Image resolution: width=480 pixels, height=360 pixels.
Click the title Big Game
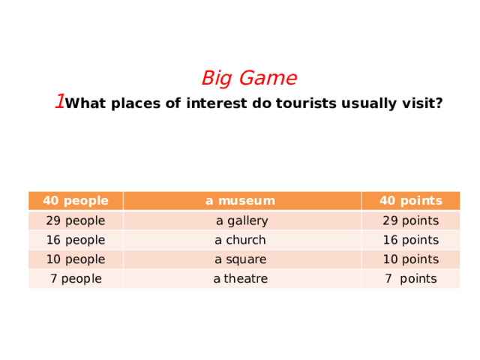(x=249, y=78)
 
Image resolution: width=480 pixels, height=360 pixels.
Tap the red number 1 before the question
(x=58, y=102)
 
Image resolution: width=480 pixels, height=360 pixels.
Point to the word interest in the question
(x=218, y=103)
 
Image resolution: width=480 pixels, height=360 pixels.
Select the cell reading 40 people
(x=75, y=200)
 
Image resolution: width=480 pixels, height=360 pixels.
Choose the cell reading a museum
(x=240, y=200)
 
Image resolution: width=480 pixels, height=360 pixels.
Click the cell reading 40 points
(x=409, y=200)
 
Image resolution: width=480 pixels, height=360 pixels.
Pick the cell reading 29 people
(x=75, y=220)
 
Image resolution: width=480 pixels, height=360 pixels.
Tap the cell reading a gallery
(x=241, y=220)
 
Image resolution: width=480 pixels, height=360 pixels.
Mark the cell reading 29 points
(x=410, y=220)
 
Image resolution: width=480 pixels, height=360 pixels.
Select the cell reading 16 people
(x=75, y=240)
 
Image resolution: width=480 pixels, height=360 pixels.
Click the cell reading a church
(x=240, y=240)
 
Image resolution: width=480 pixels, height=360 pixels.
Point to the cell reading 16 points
(x=410, y=240)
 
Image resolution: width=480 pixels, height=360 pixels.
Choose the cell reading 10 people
(x=75, y=259)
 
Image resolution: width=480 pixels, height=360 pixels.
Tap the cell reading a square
(x=240, y=259)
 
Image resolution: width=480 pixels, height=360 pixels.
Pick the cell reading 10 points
(x=410, y=259)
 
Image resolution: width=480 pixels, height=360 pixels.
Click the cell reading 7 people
(x=75, y=279)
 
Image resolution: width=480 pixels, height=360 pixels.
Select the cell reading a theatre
(x=240, y=279)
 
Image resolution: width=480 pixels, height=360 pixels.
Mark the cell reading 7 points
(x=410, y=279)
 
